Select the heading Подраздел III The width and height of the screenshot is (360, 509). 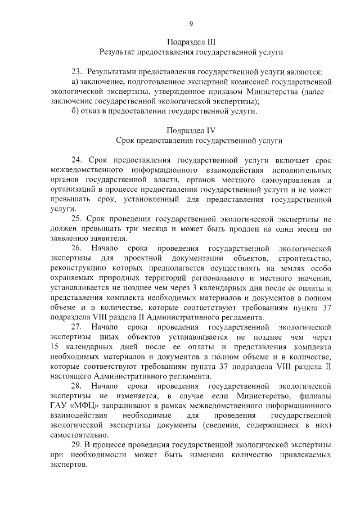point(191,42)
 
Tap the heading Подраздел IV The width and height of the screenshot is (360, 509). point(191,130)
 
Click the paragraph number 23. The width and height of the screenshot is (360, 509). point(76,72)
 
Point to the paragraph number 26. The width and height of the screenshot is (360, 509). point(76,248)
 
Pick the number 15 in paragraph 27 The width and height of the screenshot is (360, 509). point(55,346)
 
